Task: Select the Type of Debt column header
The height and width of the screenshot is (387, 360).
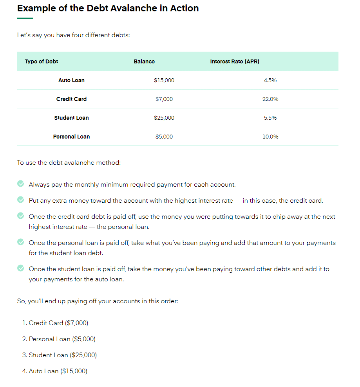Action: click(x=42, y=61)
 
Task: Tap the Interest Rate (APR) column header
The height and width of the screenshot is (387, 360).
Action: click(x=235, y=61)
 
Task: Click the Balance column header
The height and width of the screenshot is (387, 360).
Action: click(x=144, y=61)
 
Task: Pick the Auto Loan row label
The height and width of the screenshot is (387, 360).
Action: click(x=71, y=80)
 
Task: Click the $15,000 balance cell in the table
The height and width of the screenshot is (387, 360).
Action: click(x=164, y=80)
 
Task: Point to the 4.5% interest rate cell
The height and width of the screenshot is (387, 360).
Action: click(x=270, y=80)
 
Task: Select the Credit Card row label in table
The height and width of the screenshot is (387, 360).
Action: click(x=71, y=99)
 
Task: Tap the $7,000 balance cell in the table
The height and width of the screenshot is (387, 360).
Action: click(x=164, y=99)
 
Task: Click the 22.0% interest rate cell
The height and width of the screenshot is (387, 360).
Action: click(x=270, y=99)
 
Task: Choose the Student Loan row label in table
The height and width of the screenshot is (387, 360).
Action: click(x=71, y=118)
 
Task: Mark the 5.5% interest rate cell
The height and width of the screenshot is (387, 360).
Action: click(x=270, y=118)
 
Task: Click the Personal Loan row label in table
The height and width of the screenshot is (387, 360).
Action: click(x=71, y=137)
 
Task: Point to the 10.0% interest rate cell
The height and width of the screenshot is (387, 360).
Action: click(x=270, y=137)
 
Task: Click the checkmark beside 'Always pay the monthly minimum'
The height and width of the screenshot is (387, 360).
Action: click(x=21, y=184)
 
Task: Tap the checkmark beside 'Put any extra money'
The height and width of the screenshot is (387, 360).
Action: click(x=21, y=200)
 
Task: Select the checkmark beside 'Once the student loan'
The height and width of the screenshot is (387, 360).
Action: click(x=21, y=268)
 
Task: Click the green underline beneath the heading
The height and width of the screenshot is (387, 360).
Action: click(x=25, y=18)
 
